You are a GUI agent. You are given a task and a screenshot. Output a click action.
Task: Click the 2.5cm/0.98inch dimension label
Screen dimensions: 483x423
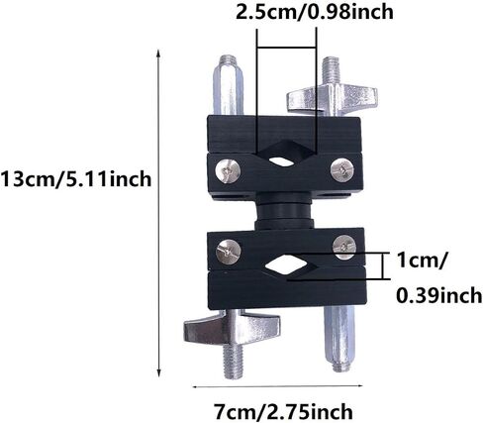(315, 12)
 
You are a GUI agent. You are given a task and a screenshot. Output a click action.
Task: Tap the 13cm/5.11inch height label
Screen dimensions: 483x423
(75, 179)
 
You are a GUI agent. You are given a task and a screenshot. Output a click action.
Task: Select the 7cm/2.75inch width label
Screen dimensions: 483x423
(283, 412)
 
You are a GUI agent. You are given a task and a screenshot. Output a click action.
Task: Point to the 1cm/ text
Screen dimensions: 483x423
(422, 261)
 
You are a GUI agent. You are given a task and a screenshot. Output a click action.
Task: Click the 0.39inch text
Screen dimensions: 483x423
(438, 295)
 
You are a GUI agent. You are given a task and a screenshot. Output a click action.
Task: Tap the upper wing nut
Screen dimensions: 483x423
(332, 98)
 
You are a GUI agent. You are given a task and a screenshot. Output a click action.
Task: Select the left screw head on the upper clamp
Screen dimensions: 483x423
(228, 170)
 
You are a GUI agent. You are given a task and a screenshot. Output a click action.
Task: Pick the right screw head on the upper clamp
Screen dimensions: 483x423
(342, 169)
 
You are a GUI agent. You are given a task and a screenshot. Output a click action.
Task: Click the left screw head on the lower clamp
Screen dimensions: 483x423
(228, 252)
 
